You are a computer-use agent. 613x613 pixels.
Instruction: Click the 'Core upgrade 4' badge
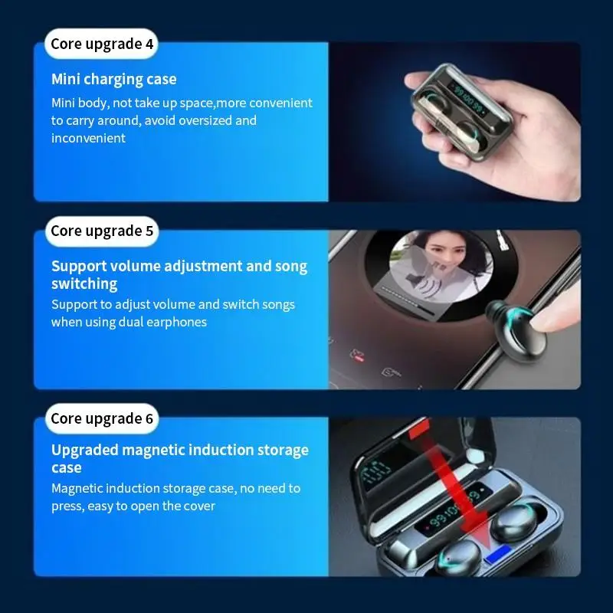coord(102,44)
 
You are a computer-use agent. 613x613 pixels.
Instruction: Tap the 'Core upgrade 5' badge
coord(102,231)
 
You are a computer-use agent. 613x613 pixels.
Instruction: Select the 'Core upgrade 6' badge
coord(102,418)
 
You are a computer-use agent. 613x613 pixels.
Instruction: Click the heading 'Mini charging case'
coord(113,79)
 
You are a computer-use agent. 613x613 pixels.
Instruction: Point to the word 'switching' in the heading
coord(84,284)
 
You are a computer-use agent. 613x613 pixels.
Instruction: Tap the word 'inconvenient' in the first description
coord(88,138)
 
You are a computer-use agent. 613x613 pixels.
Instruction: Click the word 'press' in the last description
coord(67,506)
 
